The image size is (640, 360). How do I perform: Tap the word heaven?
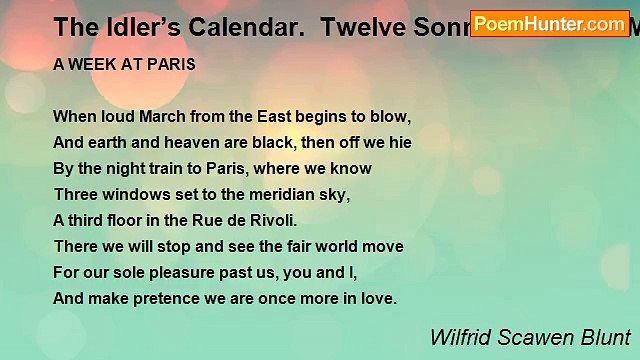(x=168, y=142)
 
